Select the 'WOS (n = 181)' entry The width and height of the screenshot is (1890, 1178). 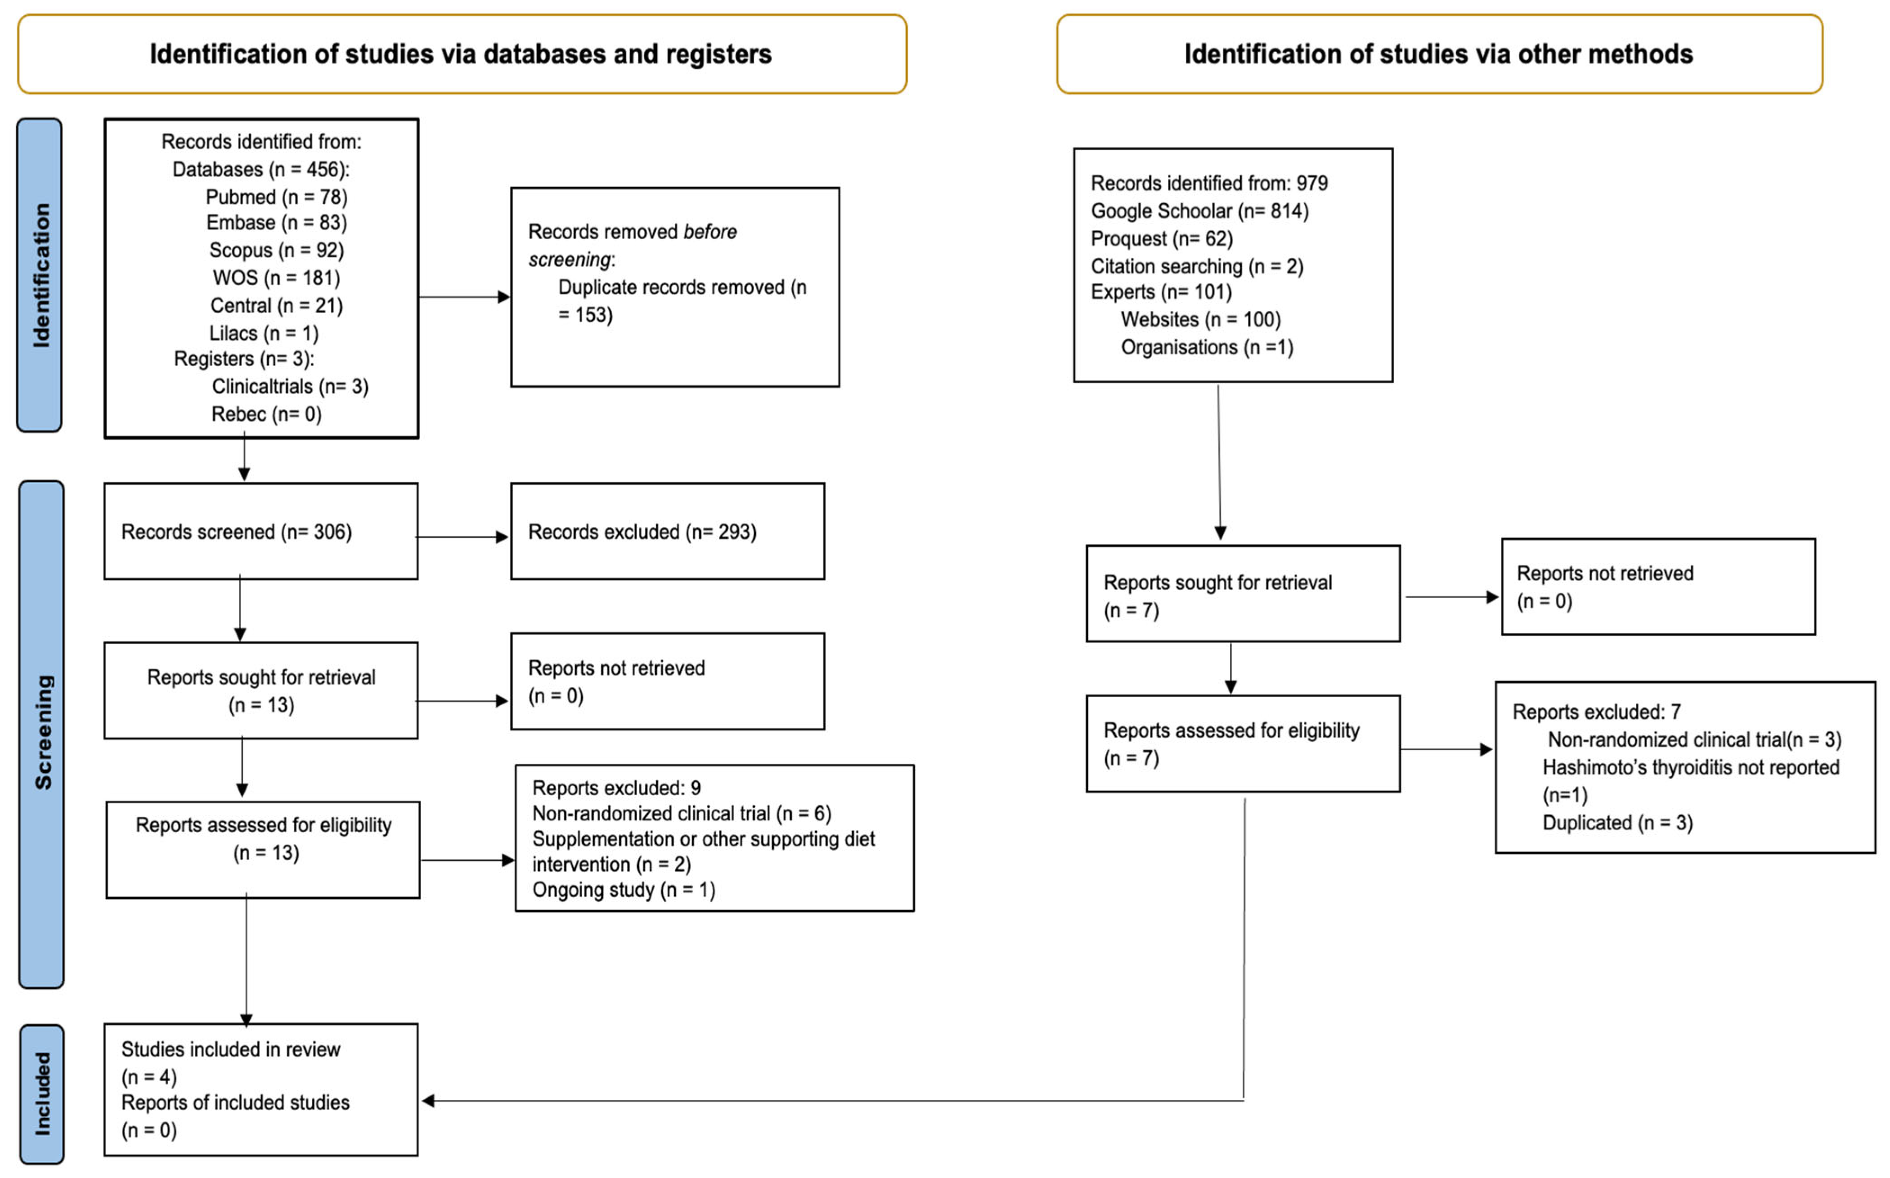276,278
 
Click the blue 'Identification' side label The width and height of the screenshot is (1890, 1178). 40,275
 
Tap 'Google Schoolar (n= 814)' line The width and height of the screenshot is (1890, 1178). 1199,211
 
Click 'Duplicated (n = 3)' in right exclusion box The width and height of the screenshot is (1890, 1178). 1617,823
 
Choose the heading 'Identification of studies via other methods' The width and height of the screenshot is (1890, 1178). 1438,54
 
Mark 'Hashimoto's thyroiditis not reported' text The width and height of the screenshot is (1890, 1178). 1691,767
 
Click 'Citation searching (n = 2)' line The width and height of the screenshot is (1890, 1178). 1197,266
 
